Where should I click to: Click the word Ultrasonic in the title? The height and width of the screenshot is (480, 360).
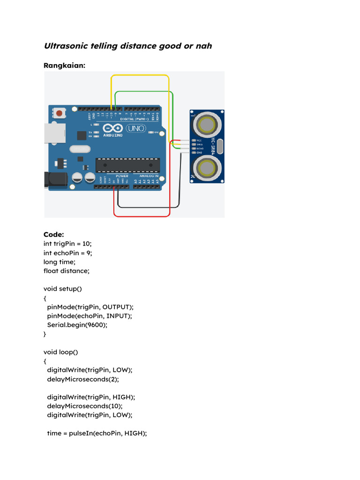coord(65,46)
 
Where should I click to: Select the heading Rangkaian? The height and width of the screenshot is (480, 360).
coord(65,66)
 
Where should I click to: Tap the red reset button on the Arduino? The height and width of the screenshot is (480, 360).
coord(60,113)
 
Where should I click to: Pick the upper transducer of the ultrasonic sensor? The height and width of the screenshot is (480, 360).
coord(207,125)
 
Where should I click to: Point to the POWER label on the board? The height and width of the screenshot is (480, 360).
coord(115,176)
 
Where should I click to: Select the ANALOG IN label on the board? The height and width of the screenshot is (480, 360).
coord(149,176)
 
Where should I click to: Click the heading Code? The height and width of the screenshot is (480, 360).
coord(54,234)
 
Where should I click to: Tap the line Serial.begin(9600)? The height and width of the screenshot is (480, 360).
coord(77,324)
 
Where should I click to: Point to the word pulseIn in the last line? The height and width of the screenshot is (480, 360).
coord(83,433)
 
